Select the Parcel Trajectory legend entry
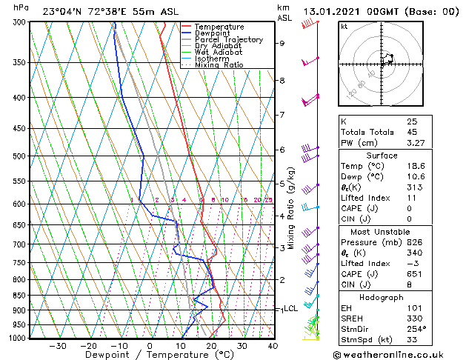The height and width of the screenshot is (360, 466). (x=229, y=40)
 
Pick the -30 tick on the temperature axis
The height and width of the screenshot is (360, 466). (x=57, y=345)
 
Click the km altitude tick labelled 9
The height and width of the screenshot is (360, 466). (x=282, y=43)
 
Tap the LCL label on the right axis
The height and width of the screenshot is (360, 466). (x=290, y=308)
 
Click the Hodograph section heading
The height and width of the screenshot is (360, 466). (x=382, y=296)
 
